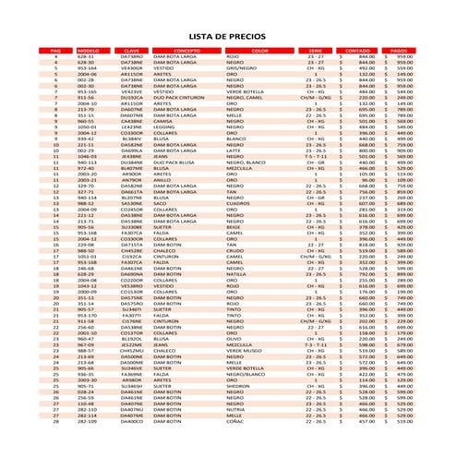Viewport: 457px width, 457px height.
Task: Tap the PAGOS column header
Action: [400, 50]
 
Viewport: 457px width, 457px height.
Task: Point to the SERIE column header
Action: [316, 50]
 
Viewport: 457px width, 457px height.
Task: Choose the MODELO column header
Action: [88, 50]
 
